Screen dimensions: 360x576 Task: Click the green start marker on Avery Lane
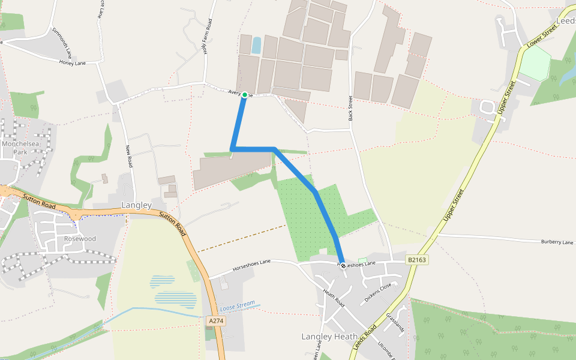pyautogui.click(x=245, y=95)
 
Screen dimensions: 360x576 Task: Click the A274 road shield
pyautogui.click(x=216, y=322)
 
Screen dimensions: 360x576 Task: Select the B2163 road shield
pyautogui.click(x=417, y=260)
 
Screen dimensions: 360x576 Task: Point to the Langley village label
pyautogui.click(x=136, y=205)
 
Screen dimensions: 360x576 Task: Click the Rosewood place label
pyautogui.click(x=80, y=239)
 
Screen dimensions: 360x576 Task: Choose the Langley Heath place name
pyautogui.click(x=329, y=337)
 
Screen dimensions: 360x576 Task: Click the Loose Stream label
pyautogui.click(x=238, y=306)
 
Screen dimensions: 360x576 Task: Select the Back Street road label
pyautogui.click(x=350, y=107)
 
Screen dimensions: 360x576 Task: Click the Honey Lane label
pyautogui.click(x=73, y=63)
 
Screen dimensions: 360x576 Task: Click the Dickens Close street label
pyautogui.click(x=378, y=293)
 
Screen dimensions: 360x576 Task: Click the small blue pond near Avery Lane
pyautogui.click(x=257, y=46)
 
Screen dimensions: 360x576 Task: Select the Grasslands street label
pyautogui.click(x=395, y=323)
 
